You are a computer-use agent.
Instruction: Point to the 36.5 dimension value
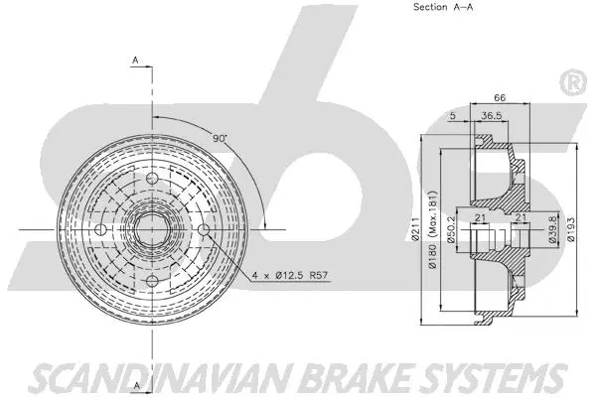(490, 116)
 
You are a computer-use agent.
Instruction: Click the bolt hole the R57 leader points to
(203, 230)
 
